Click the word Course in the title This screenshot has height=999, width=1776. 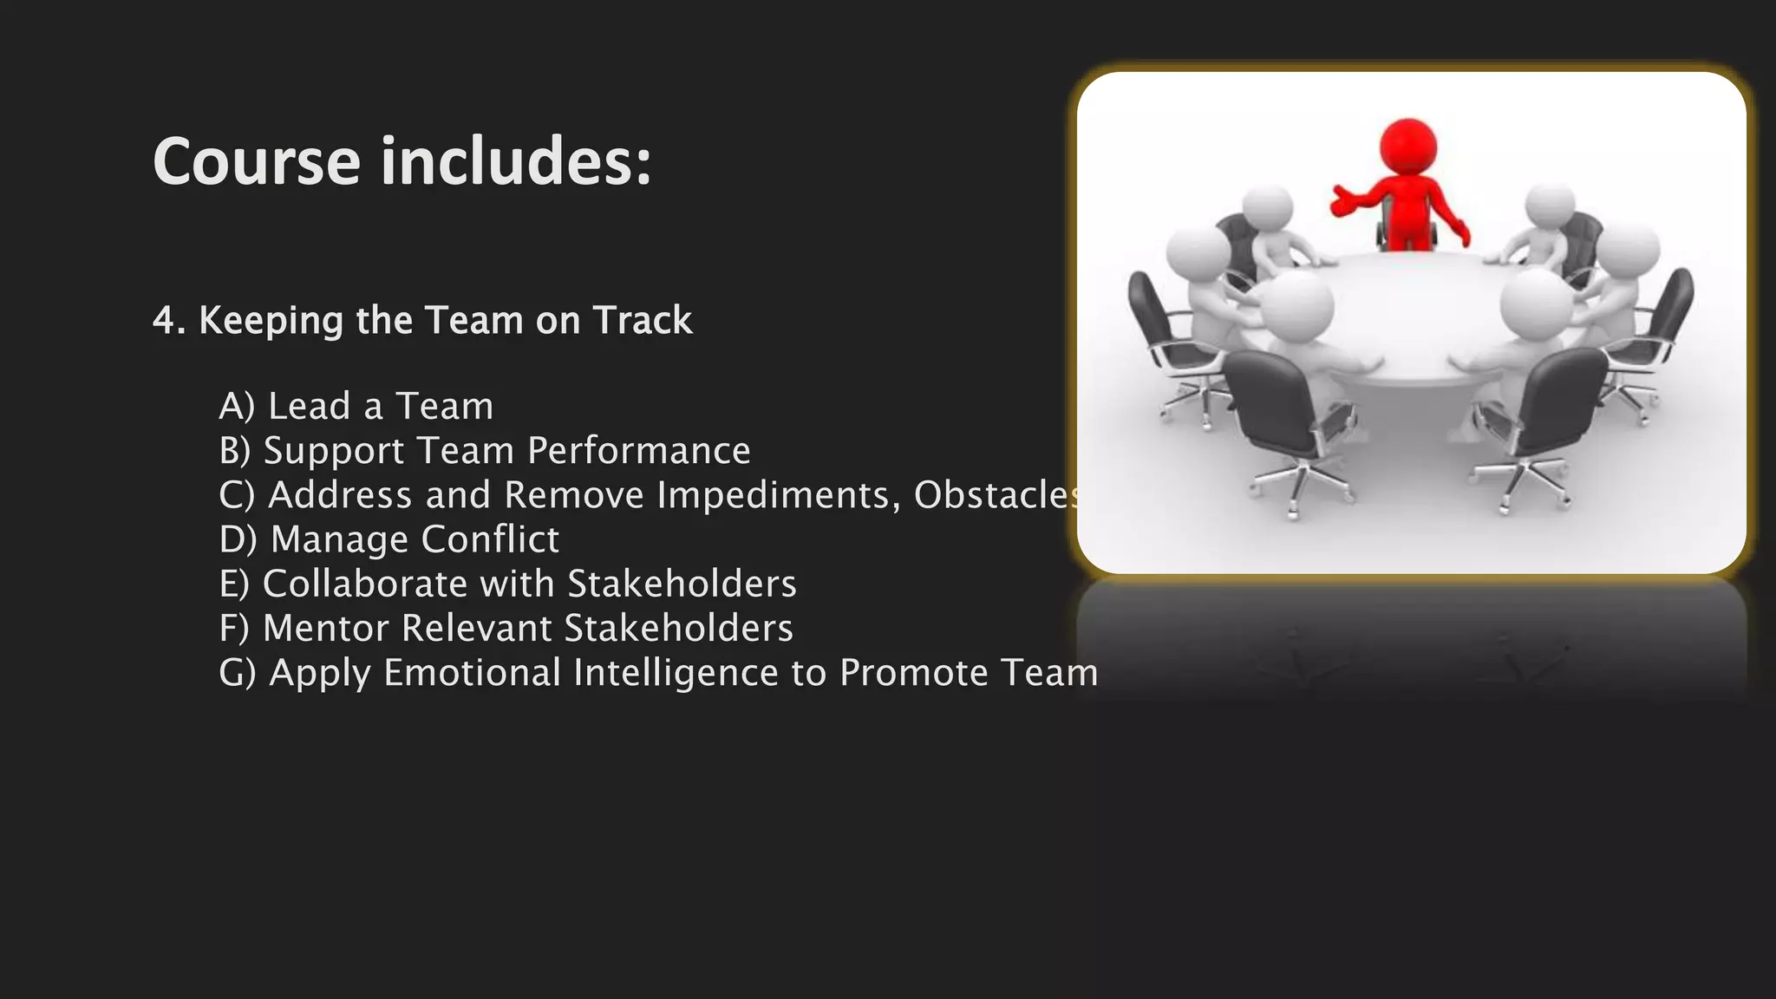(256, 162)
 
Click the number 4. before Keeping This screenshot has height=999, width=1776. (169, 321)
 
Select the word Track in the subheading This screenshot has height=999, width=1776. (643, 321)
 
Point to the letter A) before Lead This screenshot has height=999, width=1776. (237, 406)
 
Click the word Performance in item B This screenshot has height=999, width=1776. (638, 451)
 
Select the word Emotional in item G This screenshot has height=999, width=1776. (473, 673)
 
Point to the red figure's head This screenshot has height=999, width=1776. (1407, 145)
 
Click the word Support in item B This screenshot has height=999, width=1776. (334, 451)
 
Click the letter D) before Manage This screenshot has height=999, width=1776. (238, 539)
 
